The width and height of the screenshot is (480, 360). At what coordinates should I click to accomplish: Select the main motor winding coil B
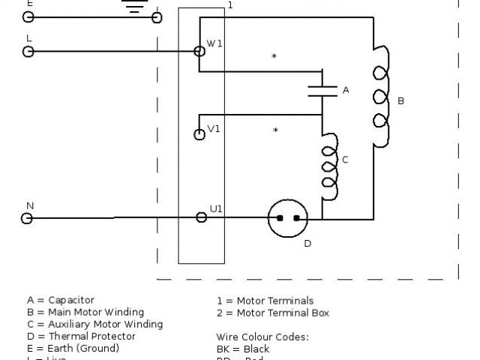point(380,97)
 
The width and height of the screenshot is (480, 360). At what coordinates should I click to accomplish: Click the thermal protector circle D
point(288,218)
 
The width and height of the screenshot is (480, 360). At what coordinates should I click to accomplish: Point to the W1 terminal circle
point(199,51)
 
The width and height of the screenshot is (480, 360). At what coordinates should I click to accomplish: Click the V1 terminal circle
point(199,135)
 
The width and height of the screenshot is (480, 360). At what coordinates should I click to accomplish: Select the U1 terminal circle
point(201,217)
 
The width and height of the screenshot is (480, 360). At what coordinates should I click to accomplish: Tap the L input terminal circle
point(28,52)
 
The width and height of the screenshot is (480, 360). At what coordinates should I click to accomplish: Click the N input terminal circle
point(28,218)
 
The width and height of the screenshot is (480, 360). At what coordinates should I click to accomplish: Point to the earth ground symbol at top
point(134,7)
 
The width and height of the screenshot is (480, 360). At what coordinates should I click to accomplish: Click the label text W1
point(214,43)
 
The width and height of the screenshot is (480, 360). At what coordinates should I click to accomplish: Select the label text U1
point(216,208)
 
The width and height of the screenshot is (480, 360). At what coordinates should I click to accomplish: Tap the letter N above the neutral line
point(30,205)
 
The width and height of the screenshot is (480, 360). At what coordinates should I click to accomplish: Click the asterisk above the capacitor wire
point(274,57)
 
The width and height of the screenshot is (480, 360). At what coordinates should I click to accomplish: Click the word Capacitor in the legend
point(71,300)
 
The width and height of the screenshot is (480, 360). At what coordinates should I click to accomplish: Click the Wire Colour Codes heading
point(262,337)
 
